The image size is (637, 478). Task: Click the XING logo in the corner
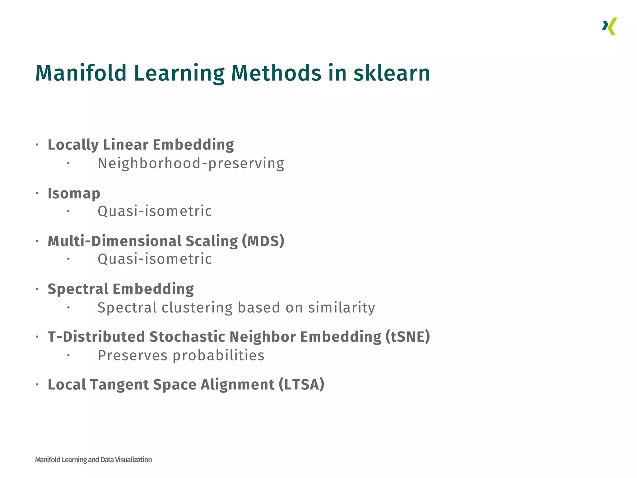[x=609, y=26]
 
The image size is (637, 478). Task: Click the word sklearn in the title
[x=392, y=73]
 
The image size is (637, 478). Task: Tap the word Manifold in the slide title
[x=81, y=73]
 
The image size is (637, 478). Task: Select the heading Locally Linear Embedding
[x=141, y=145]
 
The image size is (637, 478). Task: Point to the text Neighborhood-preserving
[x=191, y=164]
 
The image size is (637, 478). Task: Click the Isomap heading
[x=74, y=194]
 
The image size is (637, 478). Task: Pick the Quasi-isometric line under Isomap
[x=155, y=211]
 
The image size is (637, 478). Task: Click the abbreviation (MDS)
[x=263, y=241]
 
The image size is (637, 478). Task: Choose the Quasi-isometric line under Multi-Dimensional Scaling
[x=155, y=259]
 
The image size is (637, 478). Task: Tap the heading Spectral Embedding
[x=121, y=289]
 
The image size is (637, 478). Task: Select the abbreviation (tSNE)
[x=407, y=337]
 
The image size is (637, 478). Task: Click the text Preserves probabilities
[x=181, y=356]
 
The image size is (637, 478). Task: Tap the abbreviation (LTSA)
[x=301, y=385]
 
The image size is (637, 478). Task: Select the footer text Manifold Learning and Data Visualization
[x=93, y=460]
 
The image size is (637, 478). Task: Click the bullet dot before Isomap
[x=37, y=194]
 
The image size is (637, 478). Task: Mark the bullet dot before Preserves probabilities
[x=68, y=355]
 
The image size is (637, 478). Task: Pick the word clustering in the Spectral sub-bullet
[x=197, y=308]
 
